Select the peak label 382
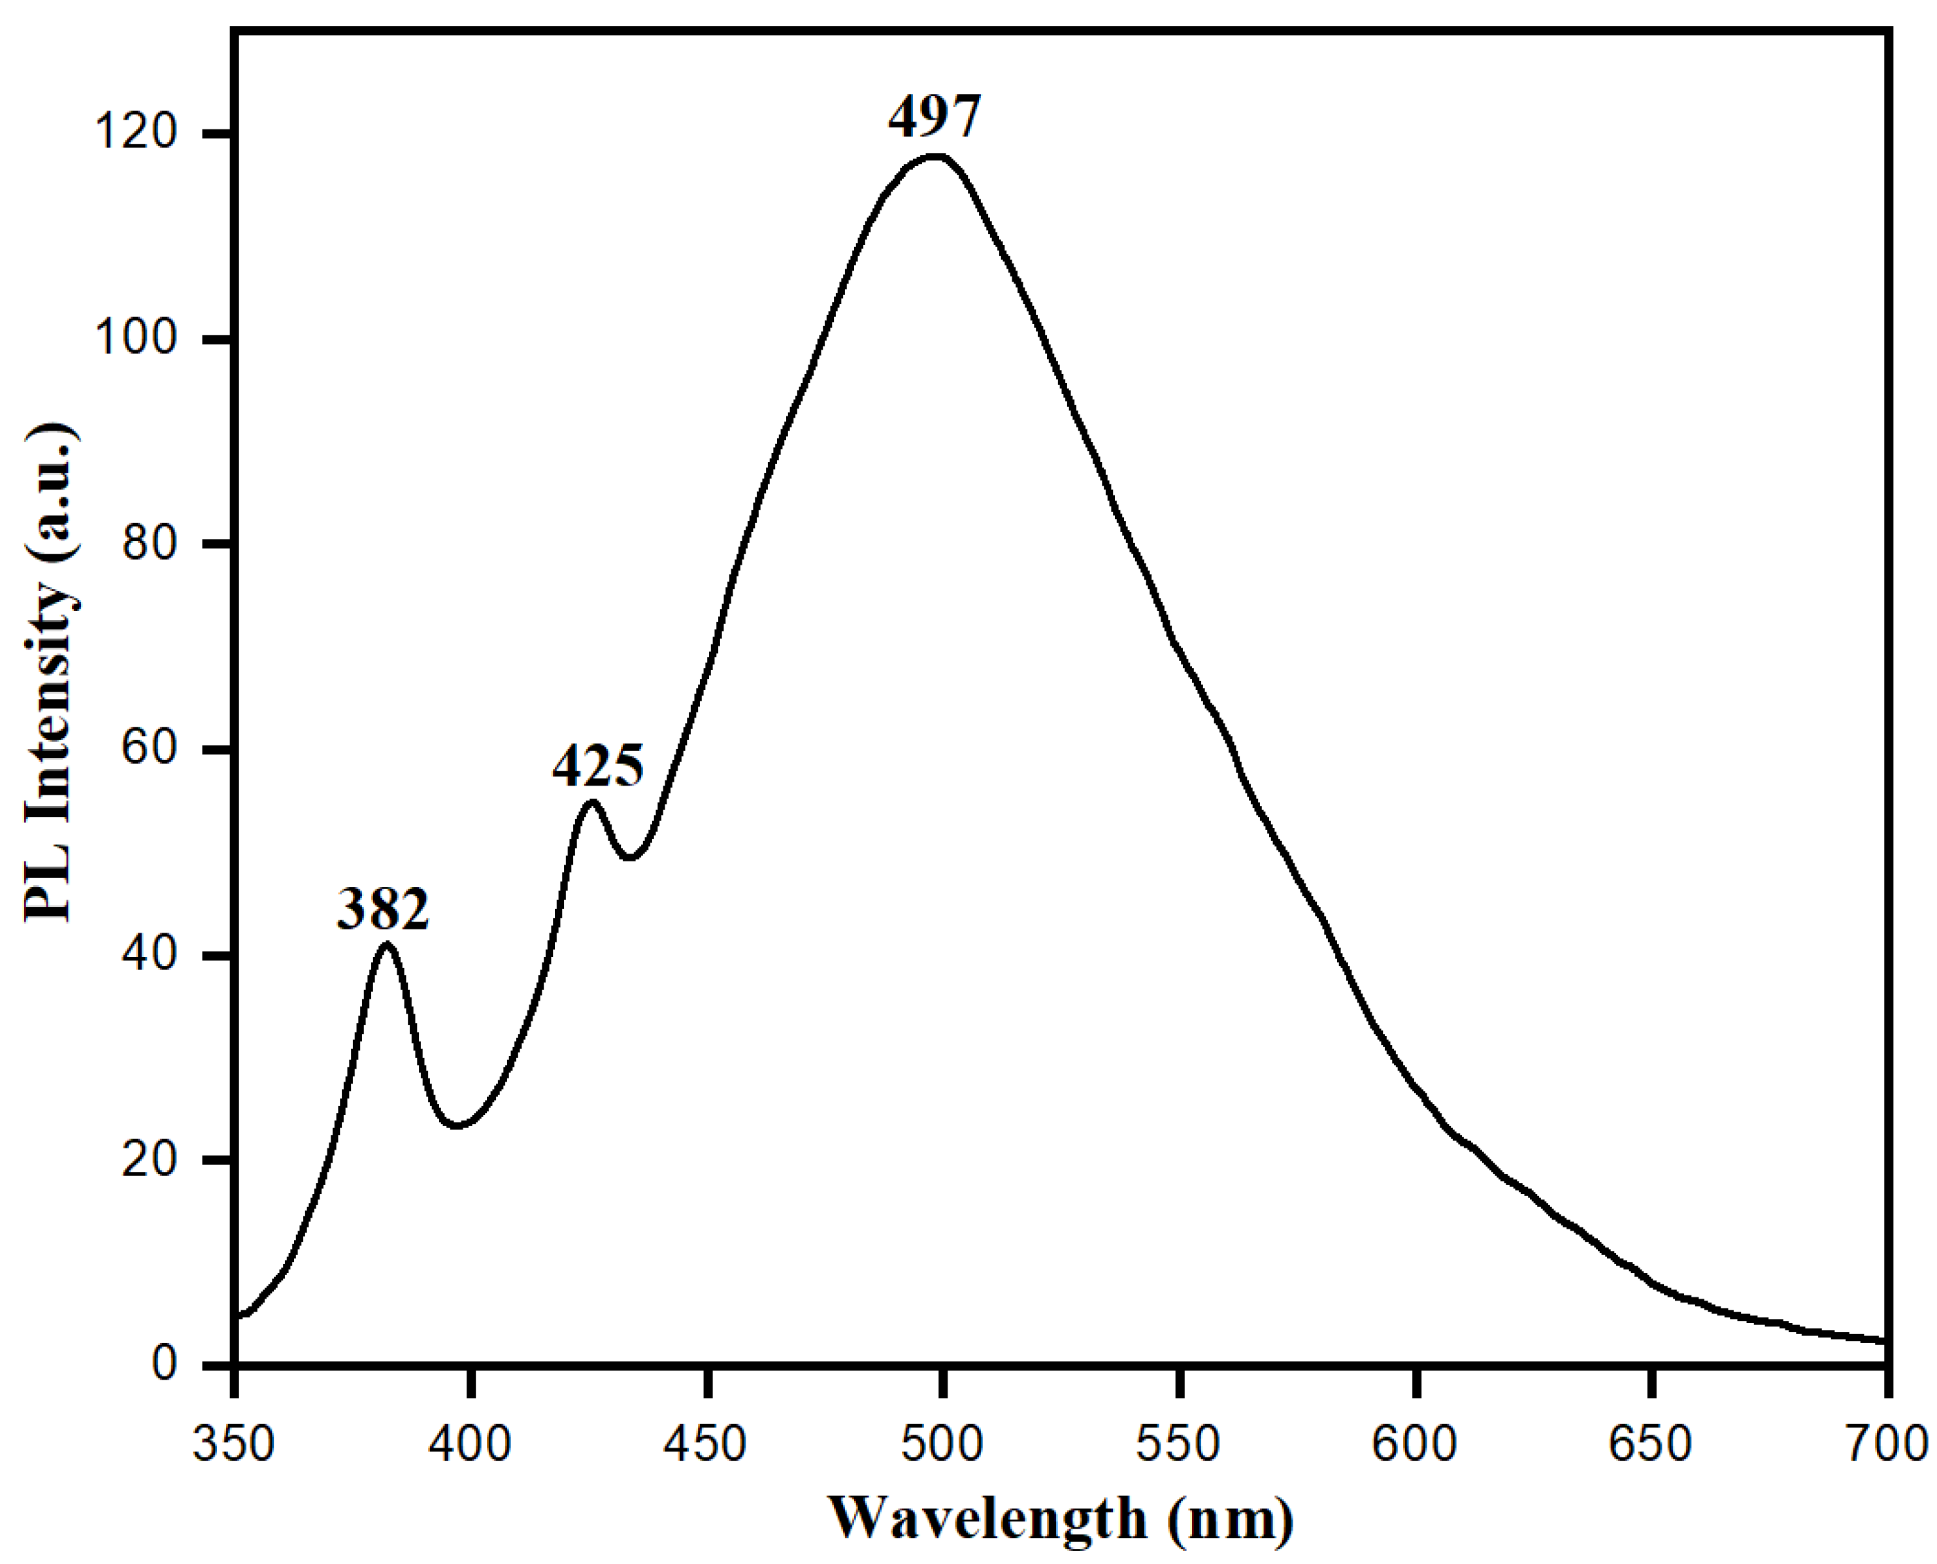tap(383, 910)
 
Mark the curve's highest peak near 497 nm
tap(937, 157)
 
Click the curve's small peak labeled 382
tap(386, 944)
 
